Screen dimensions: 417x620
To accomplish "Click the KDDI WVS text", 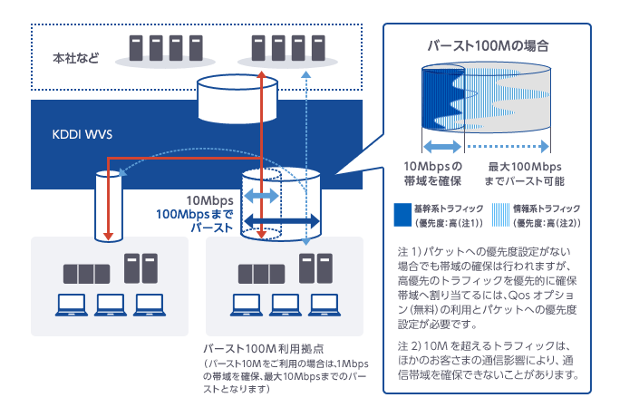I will pyautogui.click(x=81, y=133).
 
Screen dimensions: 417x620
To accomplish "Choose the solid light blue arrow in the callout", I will pyautogui.click(x=444, y=145).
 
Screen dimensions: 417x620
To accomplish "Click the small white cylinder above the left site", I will pyautogui.click(x=108, y=205).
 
